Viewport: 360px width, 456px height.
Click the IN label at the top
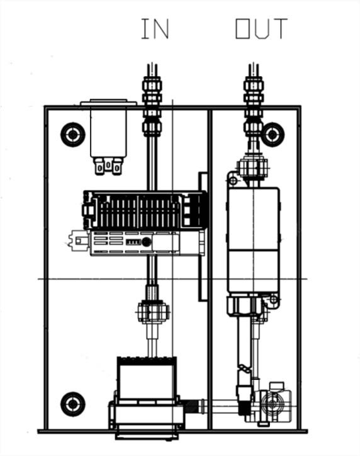155,28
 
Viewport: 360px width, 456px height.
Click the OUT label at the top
261,28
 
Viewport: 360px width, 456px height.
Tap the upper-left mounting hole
72,135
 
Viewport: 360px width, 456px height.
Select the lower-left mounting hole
72,404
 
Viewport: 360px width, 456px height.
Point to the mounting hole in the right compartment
273,135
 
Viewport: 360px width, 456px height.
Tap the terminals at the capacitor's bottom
108,166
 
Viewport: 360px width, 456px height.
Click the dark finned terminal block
145,210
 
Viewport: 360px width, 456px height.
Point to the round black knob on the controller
146,242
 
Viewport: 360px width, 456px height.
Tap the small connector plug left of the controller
79,241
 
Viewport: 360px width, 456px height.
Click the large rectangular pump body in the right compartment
254,240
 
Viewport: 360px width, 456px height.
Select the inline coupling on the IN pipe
154,312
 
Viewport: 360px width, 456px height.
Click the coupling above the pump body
252,168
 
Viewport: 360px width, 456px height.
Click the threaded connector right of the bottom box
194,406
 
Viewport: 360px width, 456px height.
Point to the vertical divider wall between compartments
210,269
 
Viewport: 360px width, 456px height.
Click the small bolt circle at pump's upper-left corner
233,181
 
